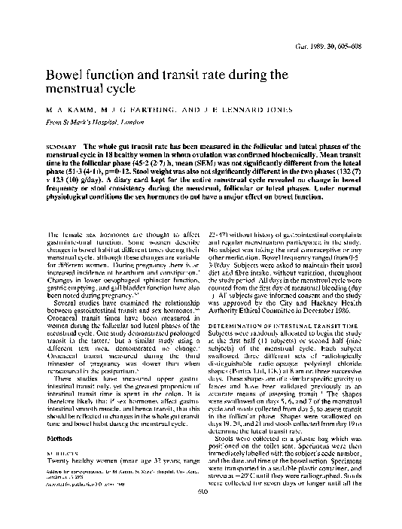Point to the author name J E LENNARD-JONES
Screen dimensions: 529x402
[229, 108]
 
